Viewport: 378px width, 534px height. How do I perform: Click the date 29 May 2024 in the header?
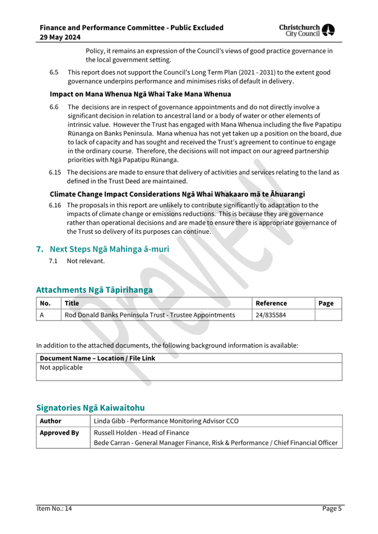[60, 37]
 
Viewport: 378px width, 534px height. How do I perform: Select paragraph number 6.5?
[54, 73]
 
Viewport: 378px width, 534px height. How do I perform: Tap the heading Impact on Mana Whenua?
[140, 94]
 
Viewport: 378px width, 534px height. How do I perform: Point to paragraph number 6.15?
[55, 172]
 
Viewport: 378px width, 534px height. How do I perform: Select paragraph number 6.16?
[55, 205]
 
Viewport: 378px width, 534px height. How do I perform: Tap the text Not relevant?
[86, 261]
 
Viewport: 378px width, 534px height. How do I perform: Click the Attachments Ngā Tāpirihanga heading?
[94, 290]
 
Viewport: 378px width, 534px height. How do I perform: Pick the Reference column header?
[271, 303]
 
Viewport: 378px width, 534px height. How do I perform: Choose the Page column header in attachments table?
[325, 303]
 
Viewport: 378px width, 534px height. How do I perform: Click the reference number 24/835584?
[270, 315]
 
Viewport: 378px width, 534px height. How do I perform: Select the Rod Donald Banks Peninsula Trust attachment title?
[150, 315]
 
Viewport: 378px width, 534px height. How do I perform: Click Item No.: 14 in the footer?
[54, 509]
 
